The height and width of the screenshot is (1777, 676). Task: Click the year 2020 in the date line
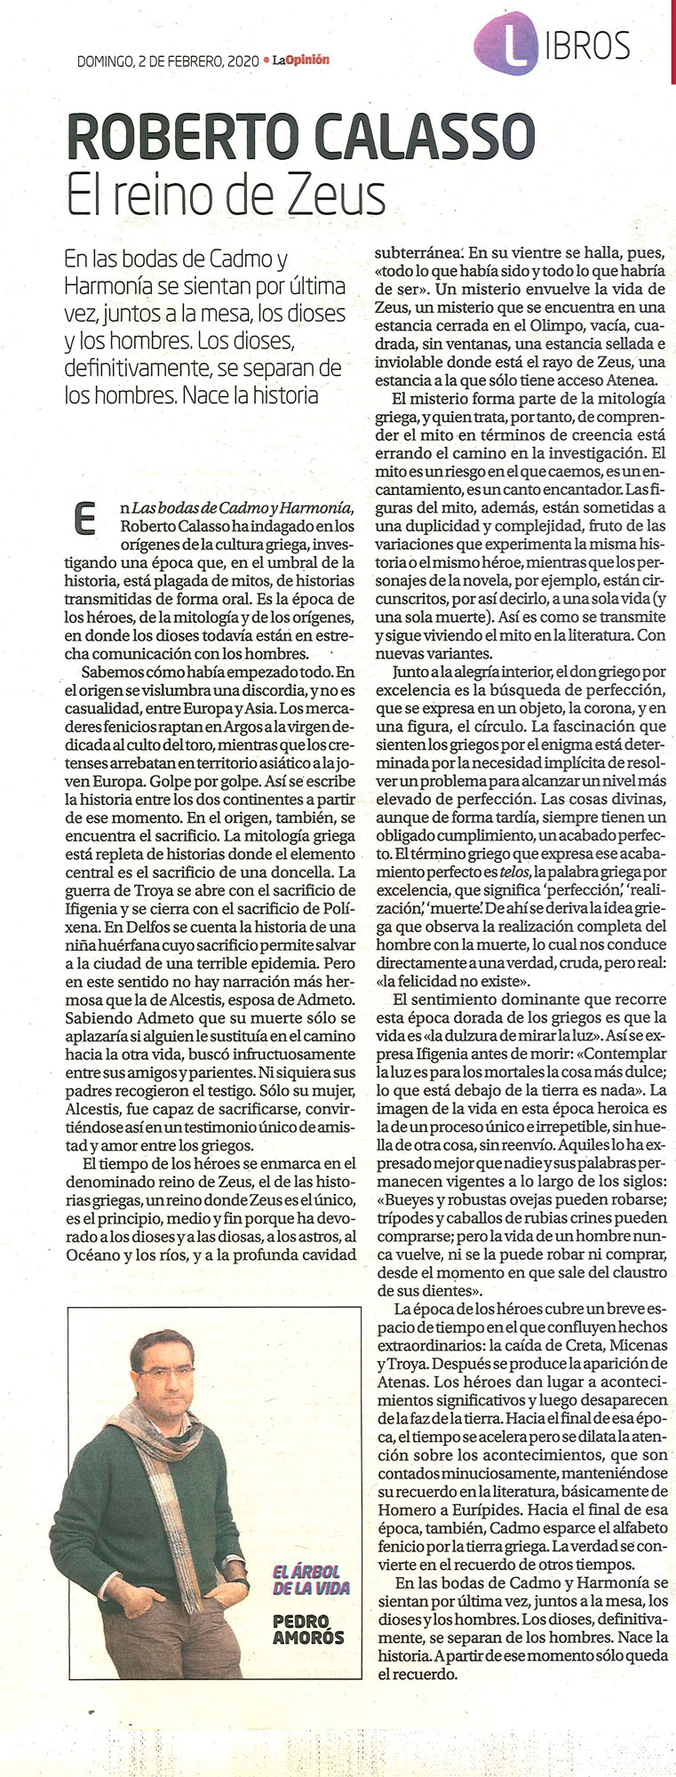[x=243, y=61]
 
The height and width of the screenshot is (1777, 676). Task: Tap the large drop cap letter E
[x=84, y=519]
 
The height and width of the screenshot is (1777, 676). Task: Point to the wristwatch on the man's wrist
[x=241, y=1583]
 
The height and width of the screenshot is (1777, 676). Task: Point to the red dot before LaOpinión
[x=266, y=61]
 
